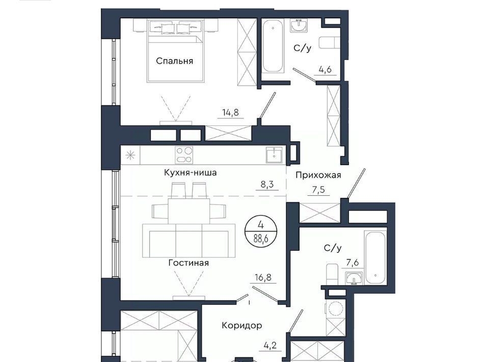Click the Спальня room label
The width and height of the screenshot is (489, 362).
(174, 61)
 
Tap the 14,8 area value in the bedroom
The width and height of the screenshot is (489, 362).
(230, 112)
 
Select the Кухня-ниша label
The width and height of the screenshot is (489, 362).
(190, 172)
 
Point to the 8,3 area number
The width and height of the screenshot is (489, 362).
(267, 185)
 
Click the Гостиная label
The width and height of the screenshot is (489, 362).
(188, 263)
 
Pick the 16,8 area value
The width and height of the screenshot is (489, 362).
(263, 277)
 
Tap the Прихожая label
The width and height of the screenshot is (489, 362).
(318, 175)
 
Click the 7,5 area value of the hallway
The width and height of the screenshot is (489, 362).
(318, 190)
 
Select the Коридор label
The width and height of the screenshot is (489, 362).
(241, 325)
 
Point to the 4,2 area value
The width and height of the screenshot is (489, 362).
(270, 346)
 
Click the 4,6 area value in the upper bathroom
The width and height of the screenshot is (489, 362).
(324, 69)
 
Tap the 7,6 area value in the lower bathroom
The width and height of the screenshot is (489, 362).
(352, 263)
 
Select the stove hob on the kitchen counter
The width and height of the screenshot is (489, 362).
(184, 155)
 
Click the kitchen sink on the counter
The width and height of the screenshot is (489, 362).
(274, 155)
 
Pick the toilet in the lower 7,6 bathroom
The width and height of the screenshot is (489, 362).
(333, 274)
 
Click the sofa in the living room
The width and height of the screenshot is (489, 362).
(188, 240)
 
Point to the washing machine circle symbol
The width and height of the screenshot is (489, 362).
(336, 308)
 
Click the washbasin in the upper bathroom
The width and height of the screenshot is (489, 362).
(299, 25)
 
